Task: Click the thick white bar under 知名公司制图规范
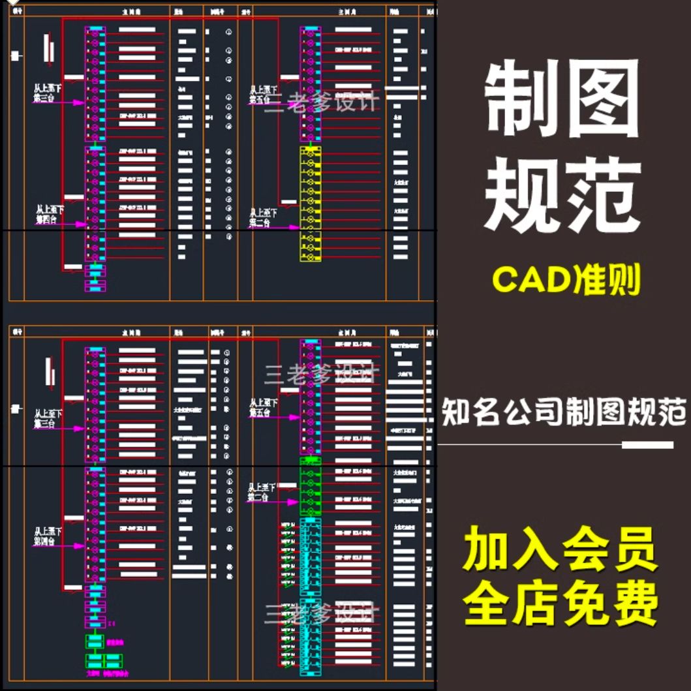click(x=647, y=445)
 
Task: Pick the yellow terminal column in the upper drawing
click(x=310, y=204)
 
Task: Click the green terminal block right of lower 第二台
click(x=310, y=486)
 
